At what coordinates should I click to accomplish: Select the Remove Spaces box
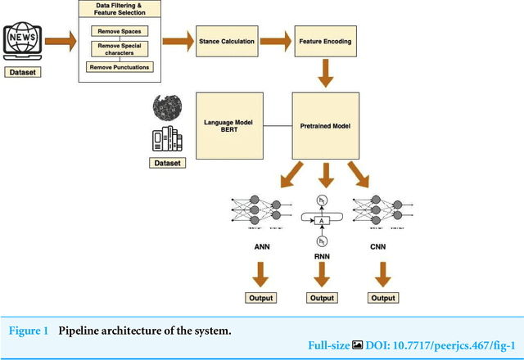120,31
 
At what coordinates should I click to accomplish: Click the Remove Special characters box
120,48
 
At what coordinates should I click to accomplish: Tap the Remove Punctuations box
120,66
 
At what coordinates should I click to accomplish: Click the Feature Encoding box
324,39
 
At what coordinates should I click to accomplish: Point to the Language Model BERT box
228,126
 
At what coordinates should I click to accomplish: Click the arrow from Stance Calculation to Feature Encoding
276,39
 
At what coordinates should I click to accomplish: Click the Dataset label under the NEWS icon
22,72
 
